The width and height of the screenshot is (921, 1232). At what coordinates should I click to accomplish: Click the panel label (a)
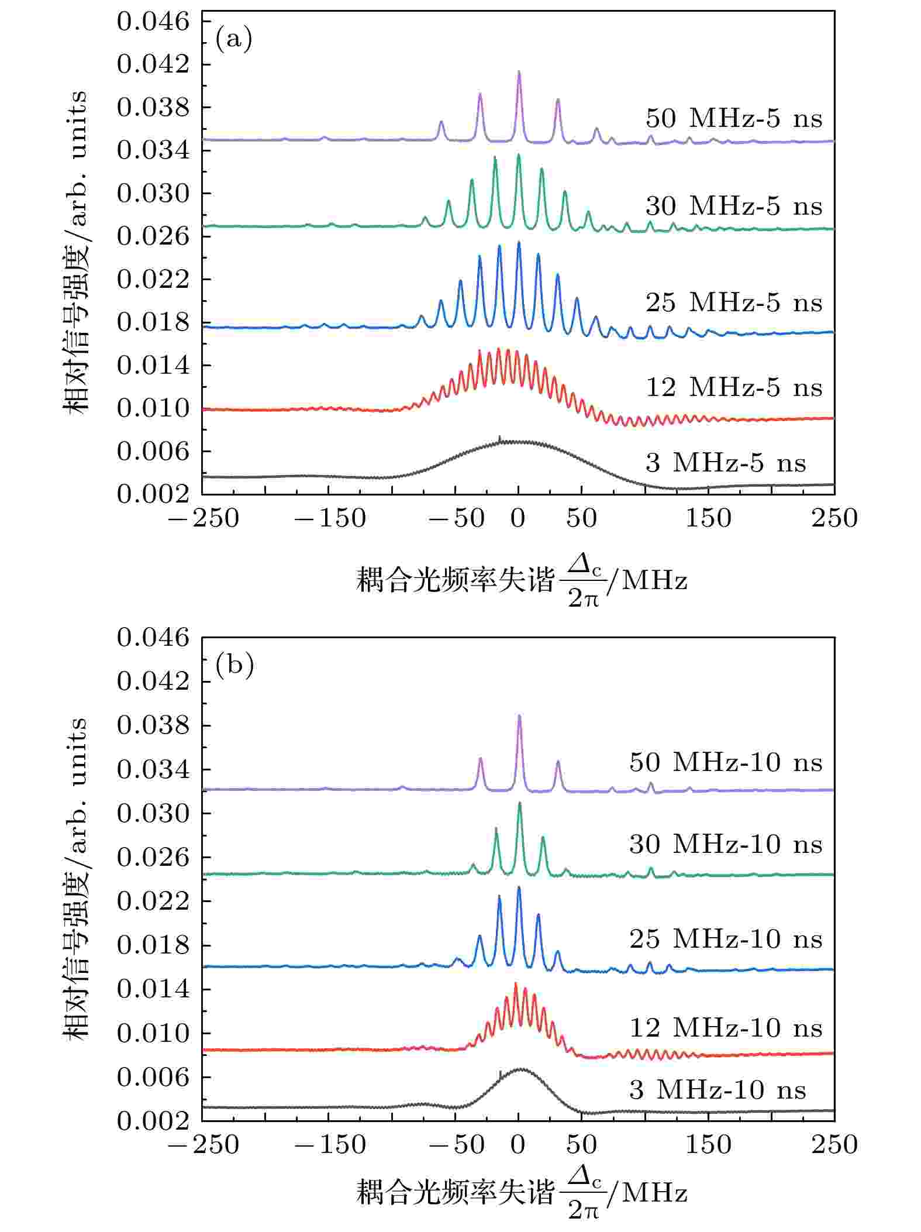(x=234, y=40)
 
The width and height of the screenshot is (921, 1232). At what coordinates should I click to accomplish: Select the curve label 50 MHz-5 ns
(x=734, y=119)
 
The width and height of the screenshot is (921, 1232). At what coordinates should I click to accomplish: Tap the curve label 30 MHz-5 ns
(x=734, y=207)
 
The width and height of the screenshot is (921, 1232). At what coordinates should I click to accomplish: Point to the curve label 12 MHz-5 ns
(x=734, y=388)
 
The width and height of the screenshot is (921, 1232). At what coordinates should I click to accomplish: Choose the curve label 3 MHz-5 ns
(x=726, y=463)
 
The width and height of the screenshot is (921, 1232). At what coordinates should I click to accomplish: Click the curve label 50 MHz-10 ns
(x=726, y=763)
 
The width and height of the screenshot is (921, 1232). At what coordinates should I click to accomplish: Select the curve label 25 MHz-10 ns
(x=726, y=940)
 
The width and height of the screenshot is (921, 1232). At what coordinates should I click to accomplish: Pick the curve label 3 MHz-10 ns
(x=718, y=1090)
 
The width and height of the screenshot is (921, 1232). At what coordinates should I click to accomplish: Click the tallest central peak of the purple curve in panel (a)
(x=519, y=73)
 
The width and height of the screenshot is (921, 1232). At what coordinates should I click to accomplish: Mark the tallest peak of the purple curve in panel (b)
(x=519, y=717)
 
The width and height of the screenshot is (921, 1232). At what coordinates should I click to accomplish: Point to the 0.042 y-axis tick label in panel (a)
(x=154, y=64)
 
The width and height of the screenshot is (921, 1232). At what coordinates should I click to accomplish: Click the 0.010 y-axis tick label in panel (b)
(x=154, y=1033)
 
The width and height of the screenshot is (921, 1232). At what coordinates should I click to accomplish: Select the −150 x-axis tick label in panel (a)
(x=330, y=518)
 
